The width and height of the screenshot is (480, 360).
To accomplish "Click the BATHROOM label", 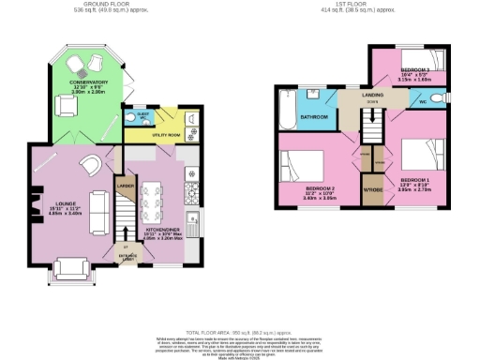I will point(313,117).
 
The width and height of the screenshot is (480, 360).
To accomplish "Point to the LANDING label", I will point(352,95).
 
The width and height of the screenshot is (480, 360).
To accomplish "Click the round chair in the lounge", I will point(90,164).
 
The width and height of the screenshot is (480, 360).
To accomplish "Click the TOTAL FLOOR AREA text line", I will point(240,333).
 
